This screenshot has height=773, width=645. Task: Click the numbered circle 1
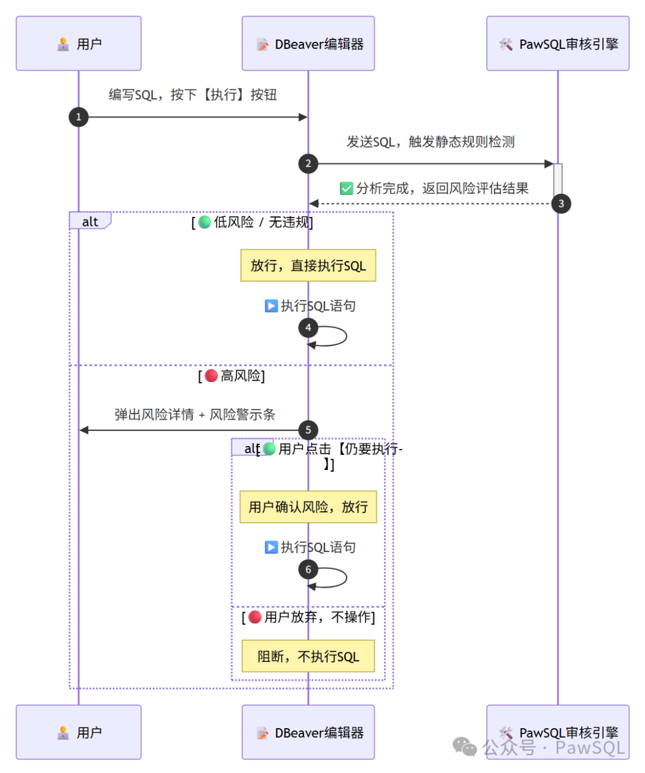(x=78, y=117)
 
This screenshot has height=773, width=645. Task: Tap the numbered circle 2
(x=308, y=164)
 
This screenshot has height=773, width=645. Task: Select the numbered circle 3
(x=561, y=204)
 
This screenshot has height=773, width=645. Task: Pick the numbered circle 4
(x=308, y=328)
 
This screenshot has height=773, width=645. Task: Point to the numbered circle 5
(x=308, y=430)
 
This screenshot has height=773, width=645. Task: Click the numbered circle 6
(x=308, y=569)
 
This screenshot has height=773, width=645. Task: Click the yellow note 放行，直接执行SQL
(x=308, y=265)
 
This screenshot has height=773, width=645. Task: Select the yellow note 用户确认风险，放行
(x=308, y=507)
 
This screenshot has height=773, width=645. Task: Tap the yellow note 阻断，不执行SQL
(x=308, y=656)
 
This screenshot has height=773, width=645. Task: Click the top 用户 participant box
(x=78, y=43)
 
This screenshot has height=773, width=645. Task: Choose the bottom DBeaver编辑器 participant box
(x=308, y=732)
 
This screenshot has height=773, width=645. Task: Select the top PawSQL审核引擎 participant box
(x=557, y=43)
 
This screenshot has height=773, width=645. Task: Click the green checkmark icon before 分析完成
(x=346, y=188)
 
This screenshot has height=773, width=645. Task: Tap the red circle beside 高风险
(x=211, y=376)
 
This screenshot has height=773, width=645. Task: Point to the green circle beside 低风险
(x=204, y=222)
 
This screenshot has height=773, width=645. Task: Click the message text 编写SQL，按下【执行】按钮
(x=193, y=95)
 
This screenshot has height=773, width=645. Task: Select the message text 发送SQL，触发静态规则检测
(x=431, y=142)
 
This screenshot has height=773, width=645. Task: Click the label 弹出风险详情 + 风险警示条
(x=195, y=415)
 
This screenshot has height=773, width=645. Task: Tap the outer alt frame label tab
(x=90, y=221)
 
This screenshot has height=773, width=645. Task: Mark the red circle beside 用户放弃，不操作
(x=255, y=617)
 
